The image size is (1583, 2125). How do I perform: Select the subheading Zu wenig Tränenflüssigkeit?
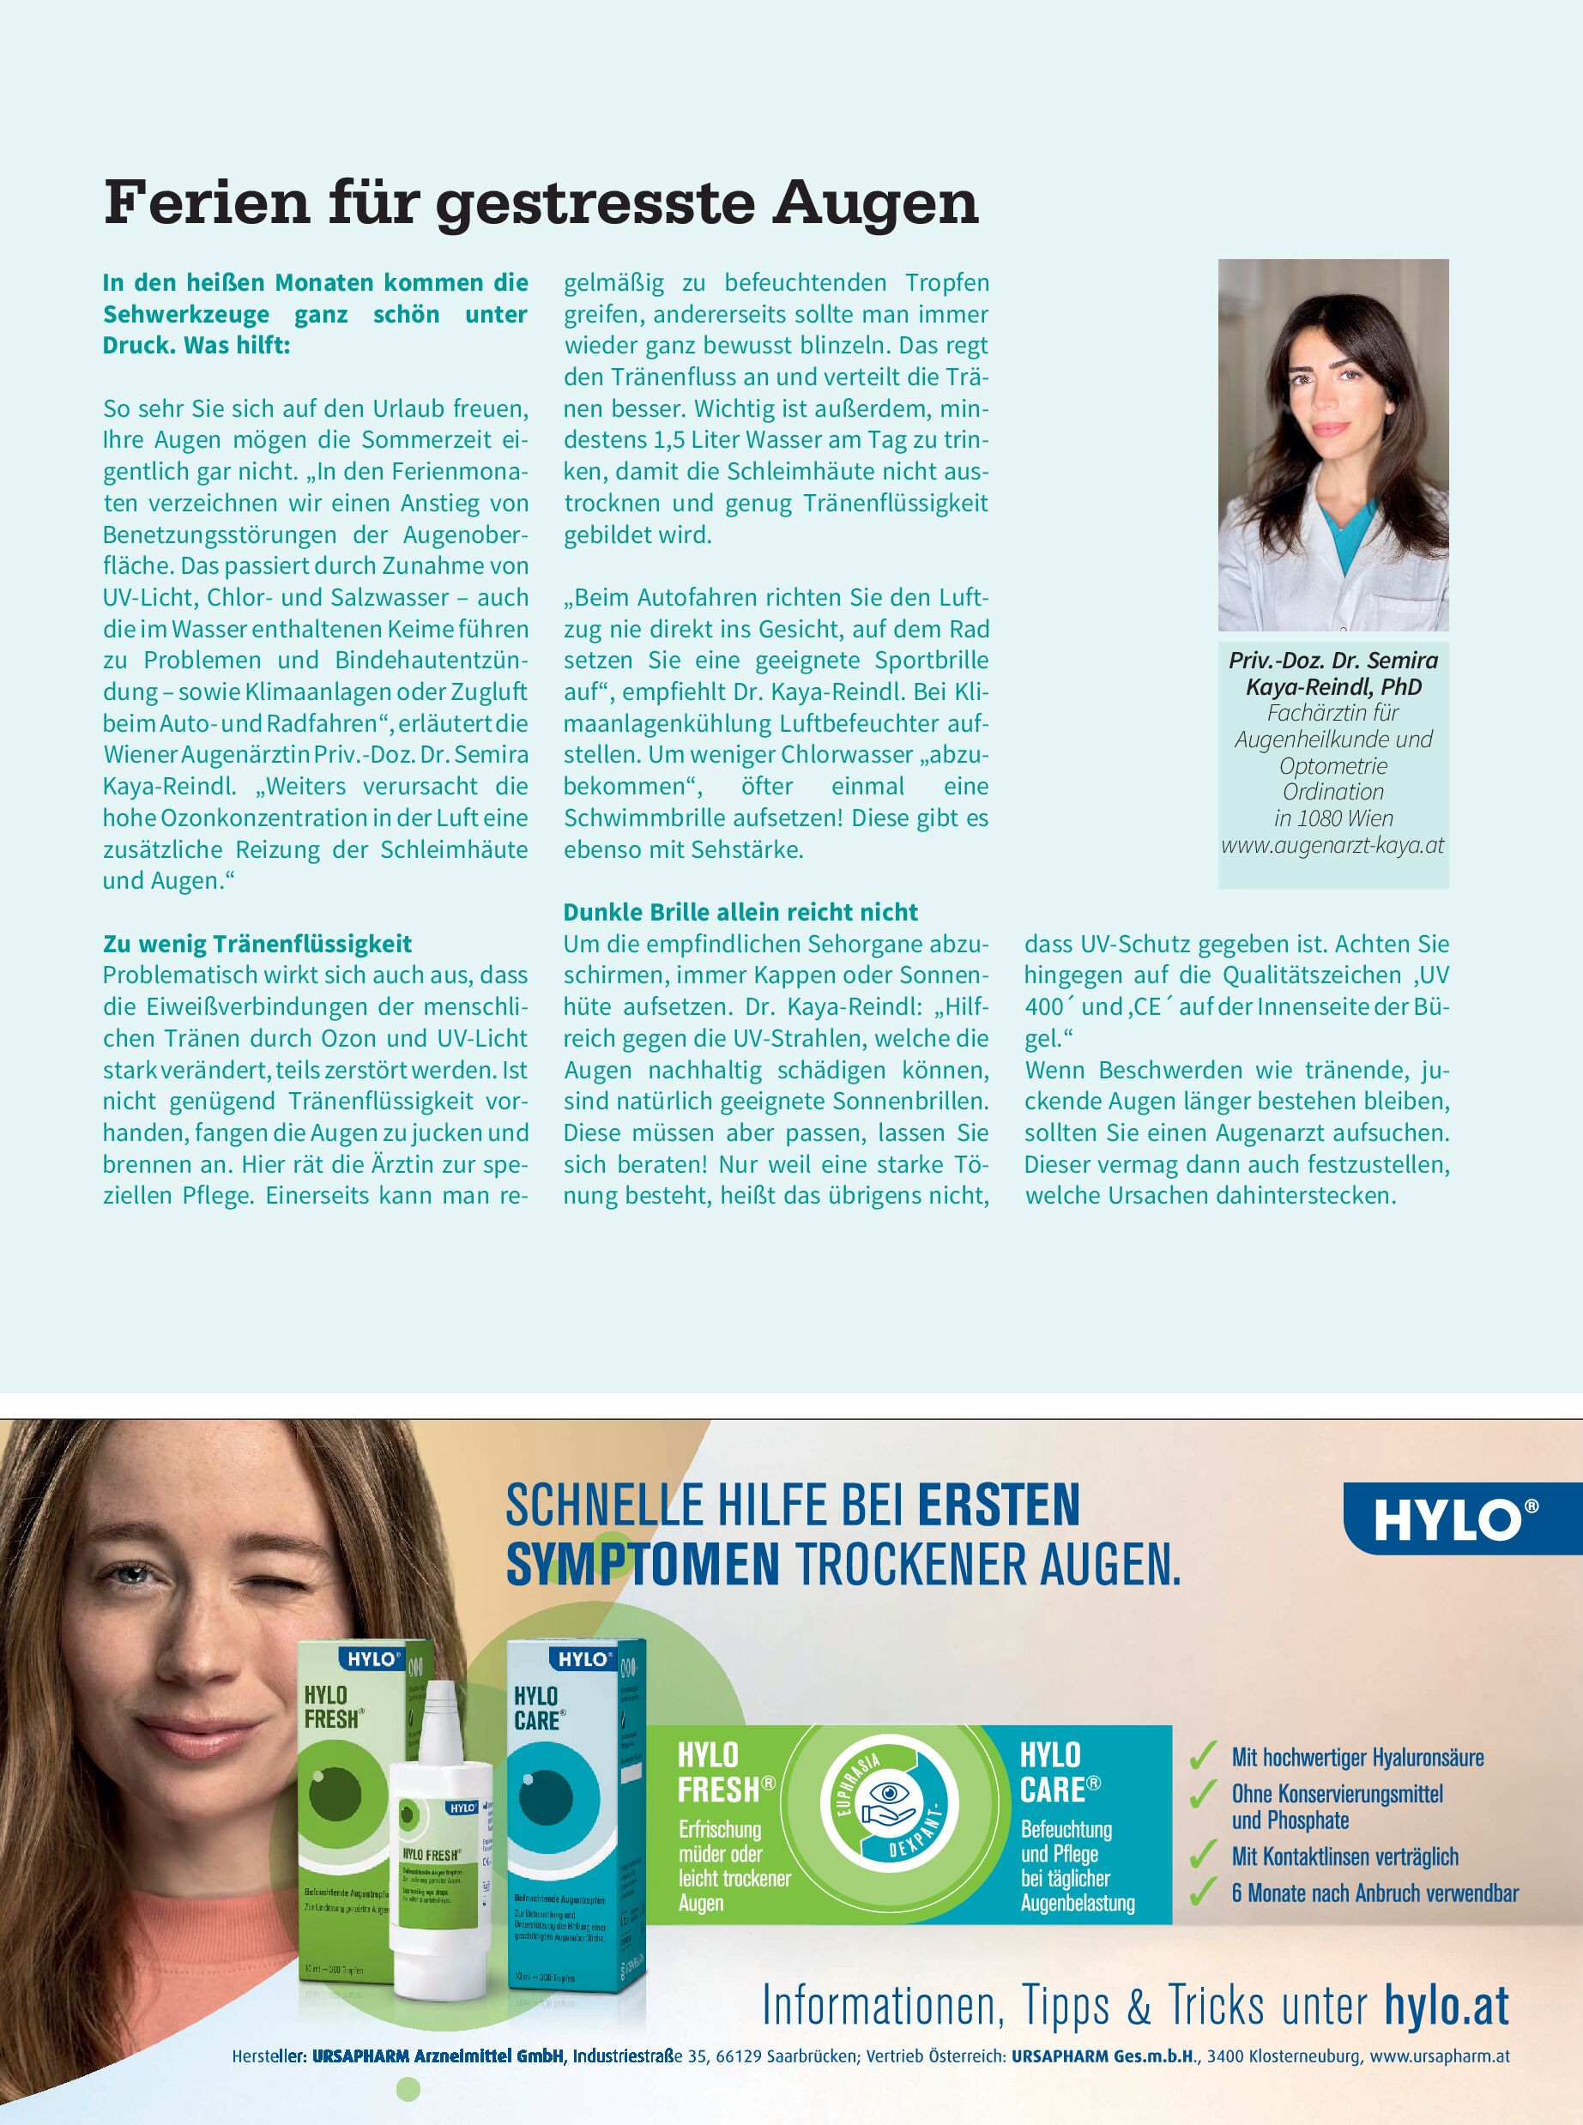point(257,944)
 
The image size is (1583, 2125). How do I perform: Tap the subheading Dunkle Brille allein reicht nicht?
point(740,912)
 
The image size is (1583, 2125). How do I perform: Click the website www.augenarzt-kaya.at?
point(1332,846)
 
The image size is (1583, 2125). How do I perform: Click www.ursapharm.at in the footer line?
point(1441,2057)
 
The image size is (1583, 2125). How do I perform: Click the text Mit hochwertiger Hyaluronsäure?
point(1356,1757)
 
